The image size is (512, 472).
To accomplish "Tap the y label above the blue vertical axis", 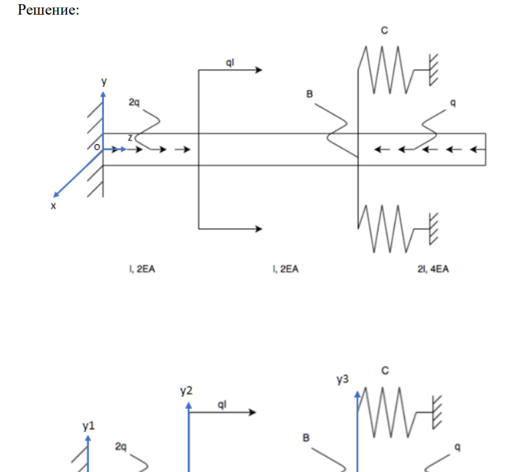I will click(104, 81).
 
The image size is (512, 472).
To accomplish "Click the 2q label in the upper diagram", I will click(135, 102).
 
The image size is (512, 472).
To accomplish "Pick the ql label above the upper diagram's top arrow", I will click(231, 62).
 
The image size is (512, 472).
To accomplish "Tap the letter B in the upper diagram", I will click(309, 95).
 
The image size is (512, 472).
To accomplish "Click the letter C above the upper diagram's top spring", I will click(384, 31).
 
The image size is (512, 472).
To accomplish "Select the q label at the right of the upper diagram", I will click(453, 102).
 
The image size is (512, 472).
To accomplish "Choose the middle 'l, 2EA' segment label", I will click(285, 269).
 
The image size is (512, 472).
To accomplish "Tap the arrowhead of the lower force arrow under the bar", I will click(257, 229).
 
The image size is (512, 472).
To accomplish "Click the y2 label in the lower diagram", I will click(186, 390).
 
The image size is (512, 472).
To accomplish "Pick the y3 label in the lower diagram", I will click(342, 380).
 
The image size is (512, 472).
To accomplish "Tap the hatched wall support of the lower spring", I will click(434, 228).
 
